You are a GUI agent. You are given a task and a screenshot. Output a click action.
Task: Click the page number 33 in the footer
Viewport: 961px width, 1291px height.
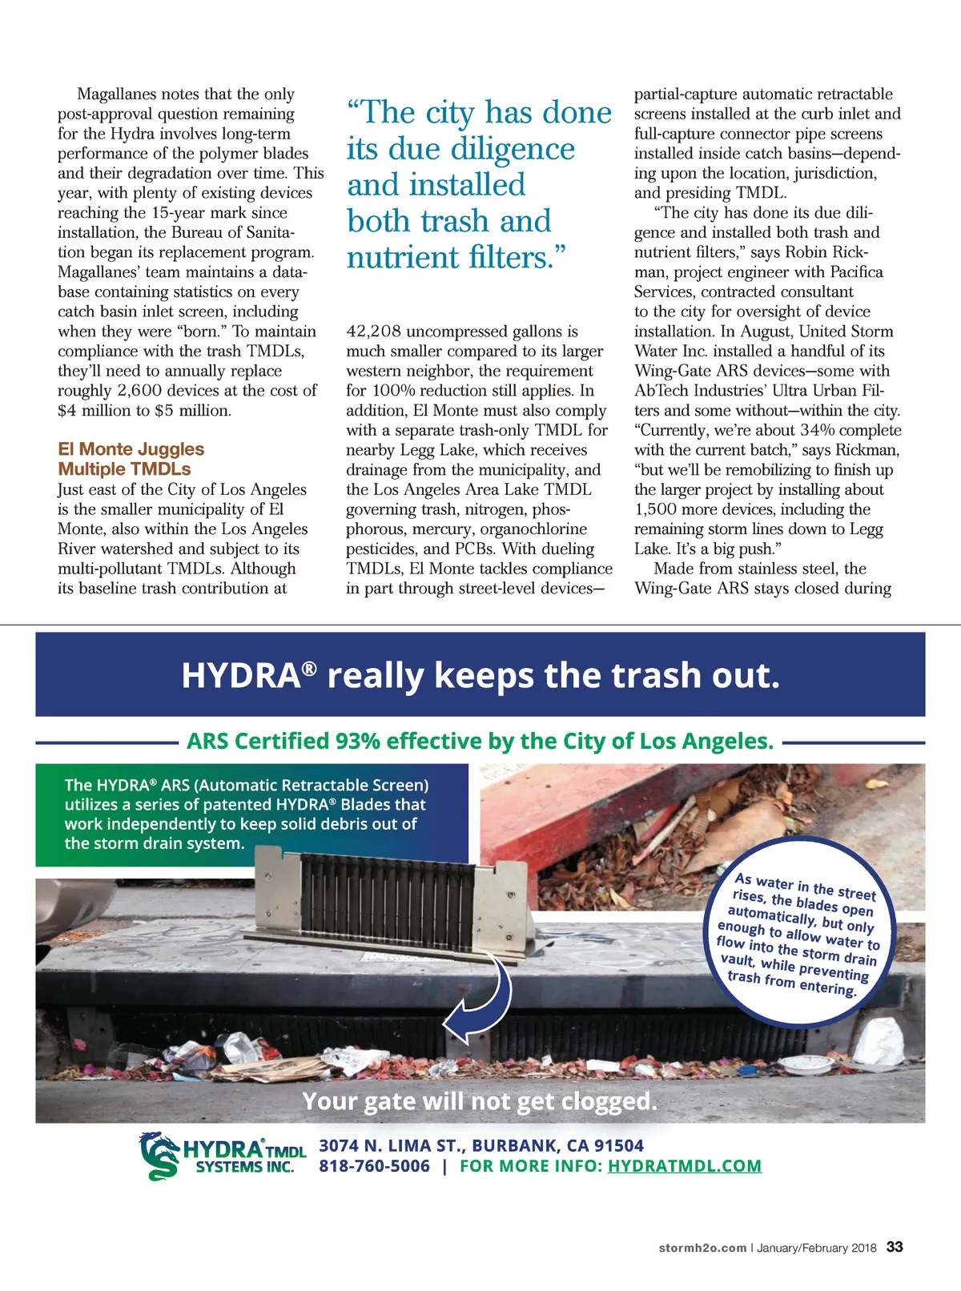[x=895, y=1247]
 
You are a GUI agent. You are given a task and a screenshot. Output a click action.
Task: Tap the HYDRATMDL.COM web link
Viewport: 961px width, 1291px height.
[x=684, y=1166]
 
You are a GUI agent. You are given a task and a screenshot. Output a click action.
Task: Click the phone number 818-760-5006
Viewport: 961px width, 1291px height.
[x=374, y=1166]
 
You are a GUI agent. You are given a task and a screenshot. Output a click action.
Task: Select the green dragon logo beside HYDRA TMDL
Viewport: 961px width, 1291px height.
[x=159, y=1156]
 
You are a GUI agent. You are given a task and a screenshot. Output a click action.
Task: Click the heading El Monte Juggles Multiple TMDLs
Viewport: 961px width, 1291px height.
[x=131, y=459]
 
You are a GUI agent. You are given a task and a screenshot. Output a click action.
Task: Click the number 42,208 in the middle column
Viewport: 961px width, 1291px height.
[x=373, y=332]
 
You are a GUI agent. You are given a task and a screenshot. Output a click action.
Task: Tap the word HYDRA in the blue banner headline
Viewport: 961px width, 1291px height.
[x=240, y=676]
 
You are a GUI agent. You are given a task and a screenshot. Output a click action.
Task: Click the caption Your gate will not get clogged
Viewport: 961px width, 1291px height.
[x=480, y=1101]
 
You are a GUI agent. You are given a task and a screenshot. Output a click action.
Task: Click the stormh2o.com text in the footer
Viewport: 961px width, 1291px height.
[x=702, y=1248]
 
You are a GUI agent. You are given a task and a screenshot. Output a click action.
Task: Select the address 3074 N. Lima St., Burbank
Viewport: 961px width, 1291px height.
[x=480, y=1145]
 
